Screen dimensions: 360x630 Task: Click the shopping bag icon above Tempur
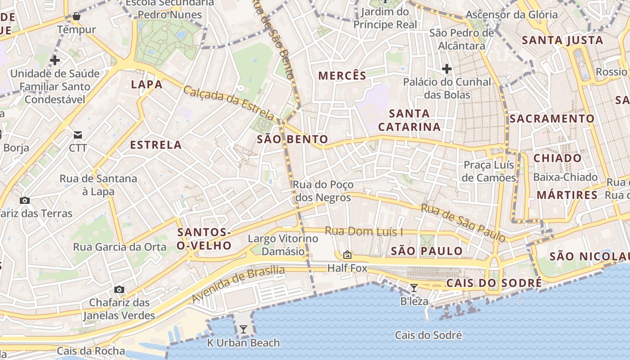coord(76,17)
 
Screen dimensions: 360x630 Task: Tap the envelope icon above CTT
coord(78,135)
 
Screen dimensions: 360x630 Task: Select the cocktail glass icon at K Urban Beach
coord(243,329)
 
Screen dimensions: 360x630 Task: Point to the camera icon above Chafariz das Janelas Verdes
coord(119,289)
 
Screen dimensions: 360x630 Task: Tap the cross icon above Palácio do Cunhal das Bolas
coord(446,69)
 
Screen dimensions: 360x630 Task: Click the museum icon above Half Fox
coord(347,255)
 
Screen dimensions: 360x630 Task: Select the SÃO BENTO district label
coord(292,139)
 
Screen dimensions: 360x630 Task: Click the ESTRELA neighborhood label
coord(156,145)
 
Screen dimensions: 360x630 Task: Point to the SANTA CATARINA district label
coord(409,120)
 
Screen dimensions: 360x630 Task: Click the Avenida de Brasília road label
coord(238,284)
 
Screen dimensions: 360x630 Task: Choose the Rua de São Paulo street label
coord(463,222)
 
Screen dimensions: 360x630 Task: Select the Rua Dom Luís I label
coord(364,232)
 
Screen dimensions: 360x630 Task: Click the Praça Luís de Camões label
coord(490,171)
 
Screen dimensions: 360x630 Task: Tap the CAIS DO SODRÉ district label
coord(494,283)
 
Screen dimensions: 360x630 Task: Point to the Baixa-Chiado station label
coord(565,177)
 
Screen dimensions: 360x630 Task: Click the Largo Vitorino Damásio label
coord(283,245)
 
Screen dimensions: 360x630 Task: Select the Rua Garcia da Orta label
coord(120,247)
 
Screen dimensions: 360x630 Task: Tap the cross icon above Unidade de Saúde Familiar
coord(55,60)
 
